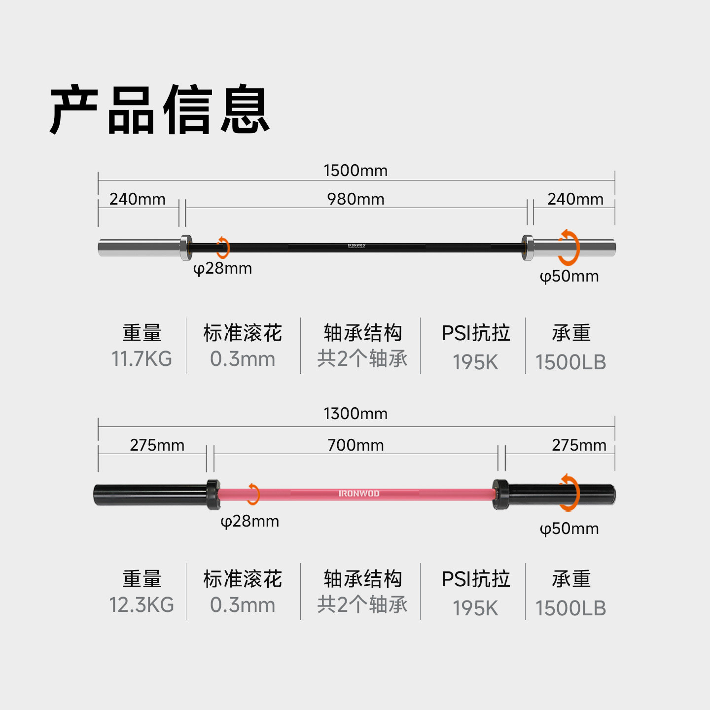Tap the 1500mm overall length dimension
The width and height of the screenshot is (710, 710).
pyautogui.click(x=355, y=171)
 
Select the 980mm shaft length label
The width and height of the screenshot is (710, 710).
pyautogui.click(x=355, y=199)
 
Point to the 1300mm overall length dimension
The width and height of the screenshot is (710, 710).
pyautogui.click(x=355, y=414)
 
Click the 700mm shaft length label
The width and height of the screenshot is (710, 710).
pyautogui.click(x=355, y=445)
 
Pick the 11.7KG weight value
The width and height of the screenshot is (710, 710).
pyautogui.click(x=142, y=359)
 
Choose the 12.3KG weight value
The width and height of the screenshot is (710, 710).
pyautogui.click(x=142, y=605)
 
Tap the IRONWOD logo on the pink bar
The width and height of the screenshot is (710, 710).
pyautogui.click(x=359, y=494)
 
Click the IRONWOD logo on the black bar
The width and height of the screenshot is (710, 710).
pyautogui.click(x=356, y=246)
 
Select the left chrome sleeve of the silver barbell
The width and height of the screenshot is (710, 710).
pyautogui.click(x=139, y=248)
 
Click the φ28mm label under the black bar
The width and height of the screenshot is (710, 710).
pyautogui.click(x=222, y=269)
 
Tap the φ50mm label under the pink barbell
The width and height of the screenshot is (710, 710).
pyautogui.click(x=569, y=529)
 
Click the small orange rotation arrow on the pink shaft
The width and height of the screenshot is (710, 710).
pyautogui.click(x=253, y=494)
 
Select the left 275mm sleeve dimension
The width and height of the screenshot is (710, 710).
pyautogui.click(x=157, y=445)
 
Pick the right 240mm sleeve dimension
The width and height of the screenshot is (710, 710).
pyautogui.click(x=575, y=199)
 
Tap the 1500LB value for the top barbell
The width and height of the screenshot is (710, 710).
pyautogui.click(x=570, y=362)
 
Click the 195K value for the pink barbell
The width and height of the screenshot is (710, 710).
pyautogui.click(x=475, y=608)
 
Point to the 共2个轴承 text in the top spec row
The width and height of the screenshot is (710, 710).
pyautogui.click(x=362, y=358)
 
